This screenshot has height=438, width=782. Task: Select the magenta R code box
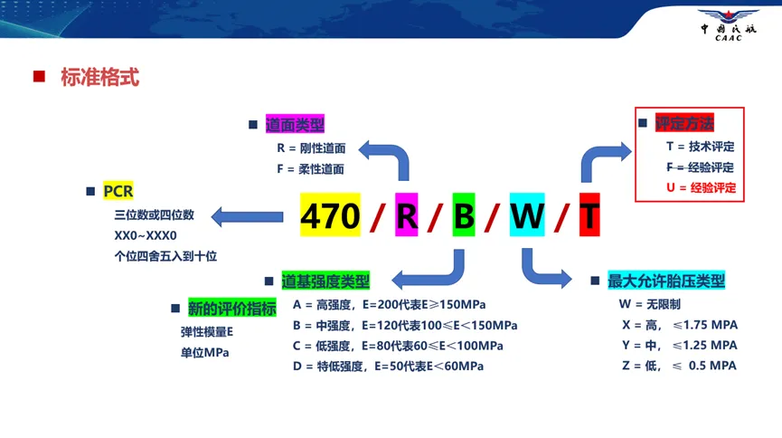[407, 215]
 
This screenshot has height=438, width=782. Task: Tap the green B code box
[463, 215]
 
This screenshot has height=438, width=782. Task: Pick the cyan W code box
[526, 215]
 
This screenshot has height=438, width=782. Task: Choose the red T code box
[589, 215]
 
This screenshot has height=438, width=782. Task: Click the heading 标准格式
[99, 77]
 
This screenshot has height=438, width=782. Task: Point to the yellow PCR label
[118, 191]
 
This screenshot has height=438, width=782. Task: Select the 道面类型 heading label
[295, 125]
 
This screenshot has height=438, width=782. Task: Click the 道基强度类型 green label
[325, 281]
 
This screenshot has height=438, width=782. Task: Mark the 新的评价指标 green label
[231, 308]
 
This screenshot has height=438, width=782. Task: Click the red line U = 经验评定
[700, 188]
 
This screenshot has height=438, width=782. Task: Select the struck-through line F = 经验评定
[700, 167]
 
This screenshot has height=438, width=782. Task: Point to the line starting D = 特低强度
[388, 367]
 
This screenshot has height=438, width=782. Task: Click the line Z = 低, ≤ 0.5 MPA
[678, 366]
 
